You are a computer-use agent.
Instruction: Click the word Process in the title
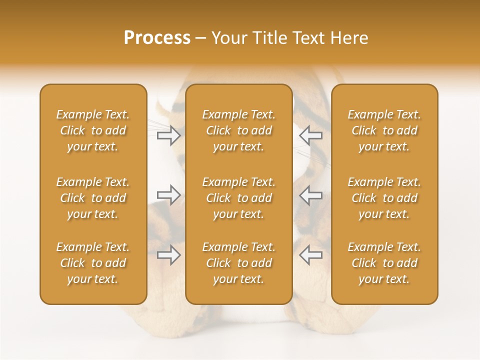coord(157,38)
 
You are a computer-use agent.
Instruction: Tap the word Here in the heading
coord(349,38)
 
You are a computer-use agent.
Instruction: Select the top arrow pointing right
coord(169,135)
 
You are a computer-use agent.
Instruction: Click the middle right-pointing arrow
coord(169,195)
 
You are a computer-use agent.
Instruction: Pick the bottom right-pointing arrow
coord(169,255)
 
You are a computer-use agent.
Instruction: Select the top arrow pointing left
coord(310,135)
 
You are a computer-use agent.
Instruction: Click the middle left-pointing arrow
coord(310,195)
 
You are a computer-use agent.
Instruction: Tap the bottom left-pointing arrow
coord(310,255)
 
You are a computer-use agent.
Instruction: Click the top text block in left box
coord(93,130)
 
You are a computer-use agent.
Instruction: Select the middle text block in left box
coord(93,198)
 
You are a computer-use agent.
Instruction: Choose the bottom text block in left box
coord(93,263)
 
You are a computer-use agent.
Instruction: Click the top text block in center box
coord(239,130)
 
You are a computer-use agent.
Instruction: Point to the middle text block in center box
coord(239,198)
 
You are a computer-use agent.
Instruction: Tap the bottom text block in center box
coord(239,263)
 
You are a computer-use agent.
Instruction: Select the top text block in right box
coord(384,130)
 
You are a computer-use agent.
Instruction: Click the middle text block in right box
coord(384,198)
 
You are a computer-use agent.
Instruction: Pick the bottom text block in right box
coord(384,263)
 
